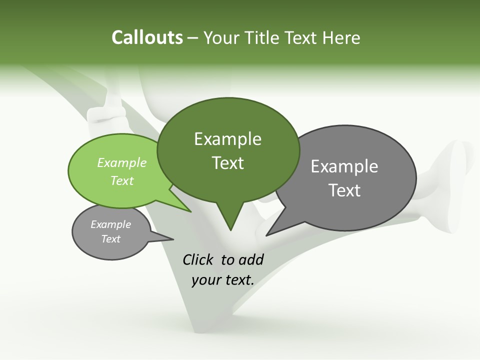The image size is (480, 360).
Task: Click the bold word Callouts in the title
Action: click(x=147, y=37)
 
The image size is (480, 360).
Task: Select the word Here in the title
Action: click(x=341, y=37)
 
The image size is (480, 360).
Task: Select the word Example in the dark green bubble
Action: click(x=227, y=139)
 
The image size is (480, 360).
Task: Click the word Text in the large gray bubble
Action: click(x=344, y=190)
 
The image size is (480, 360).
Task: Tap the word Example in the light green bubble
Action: click(x=122, y=162)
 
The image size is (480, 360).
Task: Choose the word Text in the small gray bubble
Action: click(x=111, y=239)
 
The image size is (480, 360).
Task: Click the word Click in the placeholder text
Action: click(x=198, y=259)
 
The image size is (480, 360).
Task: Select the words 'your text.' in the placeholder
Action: click(x=223, y=280)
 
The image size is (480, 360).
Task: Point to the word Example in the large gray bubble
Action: click(x=344, y=166)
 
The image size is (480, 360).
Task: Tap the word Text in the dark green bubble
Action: click(x=227, y=162)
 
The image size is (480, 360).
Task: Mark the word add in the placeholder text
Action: click(x=251, y=259)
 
